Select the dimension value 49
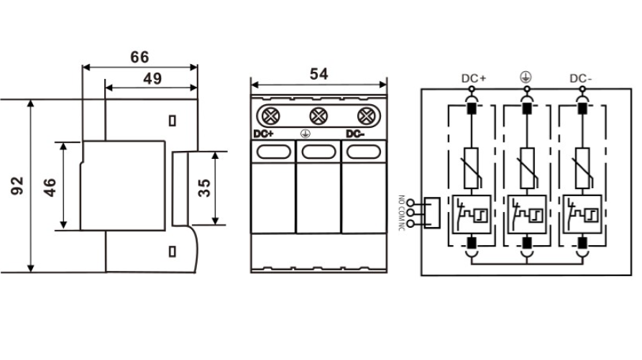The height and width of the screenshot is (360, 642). [x=152, y=79]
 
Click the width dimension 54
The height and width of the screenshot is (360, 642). [x=319, y=74]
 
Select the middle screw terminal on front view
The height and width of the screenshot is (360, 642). [x=318, y=115]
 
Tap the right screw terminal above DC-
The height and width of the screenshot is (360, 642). [x=366, y=115]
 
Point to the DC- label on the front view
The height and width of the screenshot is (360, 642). [x=355, y=134]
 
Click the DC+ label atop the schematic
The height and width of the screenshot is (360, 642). [x=474, y=78]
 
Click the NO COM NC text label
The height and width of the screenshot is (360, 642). [x=401, y=213]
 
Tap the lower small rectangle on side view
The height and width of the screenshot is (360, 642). [x=173, y=251]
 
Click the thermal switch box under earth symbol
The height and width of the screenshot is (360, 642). [x=527, y=213]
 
